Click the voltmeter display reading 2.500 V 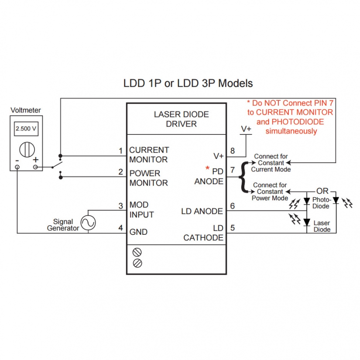pyautogui.click(x=26, y=129)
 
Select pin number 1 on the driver pyautogui.click(x=121, y=151)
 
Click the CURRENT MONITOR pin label pyautogui.click(x=149, y=155)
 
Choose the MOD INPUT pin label pyautogui.click(x=141, y=210)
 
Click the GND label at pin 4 pyautogui.click(x=138, y=232)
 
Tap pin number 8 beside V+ pyautogui.click(x=233, y=151)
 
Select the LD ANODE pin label pyautogui.click(x=202, y=212)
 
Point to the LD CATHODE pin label pyautogui.click(x=204, y=233)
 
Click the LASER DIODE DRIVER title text pyautogui.click(x=181, y=119)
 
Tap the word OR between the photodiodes pyautogui.click(x=322, y=191)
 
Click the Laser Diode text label pyautogui.click(x=322, y=226)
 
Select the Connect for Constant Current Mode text pyautogui.click(x=271, y=163)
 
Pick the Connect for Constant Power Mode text pyautogui.click(x=270, y=192)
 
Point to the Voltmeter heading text pyautogui.click(x=26, y=111)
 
